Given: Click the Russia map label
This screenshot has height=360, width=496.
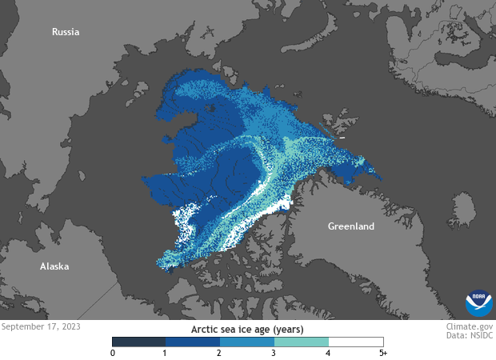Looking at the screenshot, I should pos(66,32).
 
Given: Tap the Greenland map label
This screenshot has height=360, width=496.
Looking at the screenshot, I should pos(350,226).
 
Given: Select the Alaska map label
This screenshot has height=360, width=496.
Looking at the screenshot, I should pos(54,266).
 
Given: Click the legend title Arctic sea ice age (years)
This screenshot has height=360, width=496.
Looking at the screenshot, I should pos(247,328).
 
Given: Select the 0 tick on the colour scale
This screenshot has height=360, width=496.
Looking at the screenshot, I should pos(113,353).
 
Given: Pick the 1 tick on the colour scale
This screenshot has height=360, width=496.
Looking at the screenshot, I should pos(166,353).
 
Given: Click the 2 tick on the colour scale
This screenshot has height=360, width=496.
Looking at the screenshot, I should pos(220,353).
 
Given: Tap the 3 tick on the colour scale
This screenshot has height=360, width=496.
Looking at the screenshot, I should pos(274,353).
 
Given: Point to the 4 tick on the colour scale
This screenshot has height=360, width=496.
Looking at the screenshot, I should pos(329,353).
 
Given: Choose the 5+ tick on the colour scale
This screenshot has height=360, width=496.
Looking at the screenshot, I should pos(382,353).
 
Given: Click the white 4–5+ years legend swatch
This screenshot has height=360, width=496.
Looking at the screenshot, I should pos(356,341).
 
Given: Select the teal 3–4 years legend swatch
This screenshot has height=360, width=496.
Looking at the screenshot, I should pos(302,341).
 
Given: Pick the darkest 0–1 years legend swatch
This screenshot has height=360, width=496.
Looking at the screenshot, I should pos(139,341).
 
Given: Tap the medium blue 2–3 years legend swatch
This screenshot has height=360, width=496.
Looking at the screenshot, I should pos(247,341).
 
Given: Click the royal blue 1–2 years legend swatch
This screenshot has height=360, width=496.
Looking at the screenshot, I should pos(193,341).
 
